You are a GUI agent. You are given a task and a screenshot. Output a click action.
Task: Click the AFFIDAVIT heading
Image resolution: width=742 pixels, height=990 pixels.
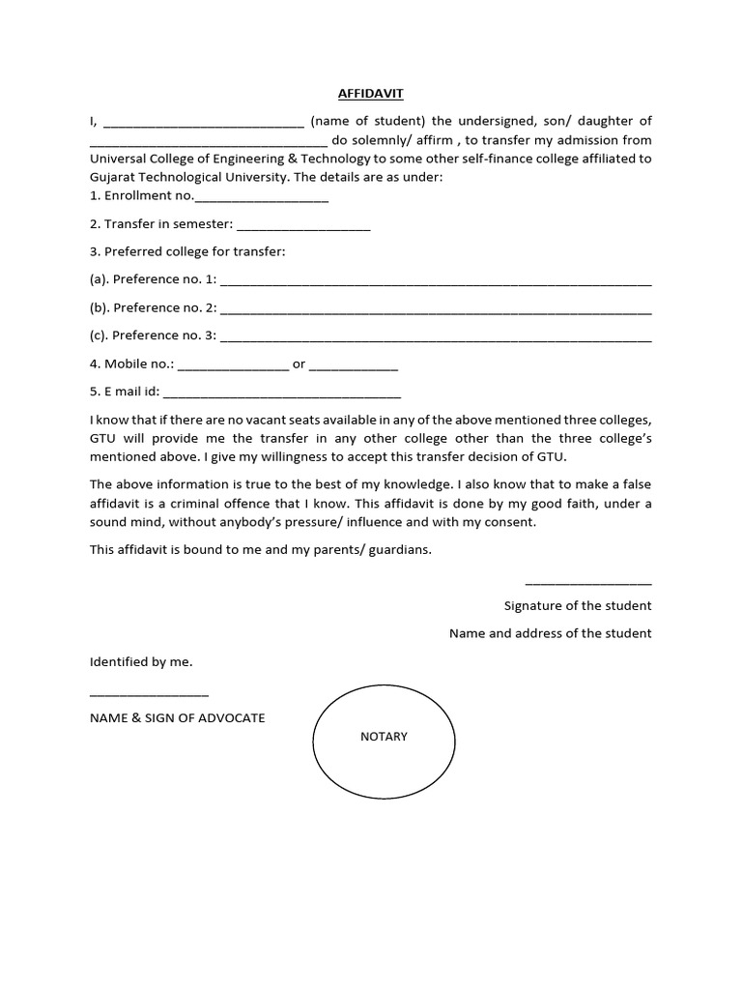[x=371, y=94]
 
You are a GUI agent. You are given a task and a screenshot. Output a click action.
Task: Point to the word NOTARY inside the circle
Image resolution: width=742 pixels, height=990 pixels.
[x=384, y=737]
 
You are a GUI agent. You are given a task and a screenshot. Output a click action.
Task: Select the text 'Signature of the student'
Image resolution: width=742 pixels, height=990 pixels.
[x=578, y=605]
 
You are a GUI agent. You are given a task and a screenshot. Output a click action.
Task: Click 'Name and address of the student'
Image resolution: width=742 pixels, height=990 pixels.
[x=550, y=633]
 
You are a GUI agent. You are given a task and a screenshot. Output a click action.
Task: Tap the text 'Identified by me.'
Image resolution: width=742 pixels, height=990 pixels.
[x=141, y=662]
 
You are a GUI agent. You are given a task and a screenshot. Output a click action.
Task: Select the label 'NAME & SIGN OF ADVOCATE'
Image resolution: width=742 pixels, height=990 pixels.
[x=178, y=718]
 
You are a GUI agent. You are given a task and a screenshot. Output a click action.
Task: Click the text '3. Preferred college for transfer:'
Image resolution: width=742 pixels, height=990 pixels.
[x=187, y=251]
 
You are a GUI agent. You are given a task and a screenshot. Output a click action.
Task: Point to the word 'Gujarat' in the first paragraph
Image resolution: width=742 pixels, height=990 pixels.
[x=113, y=178]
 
